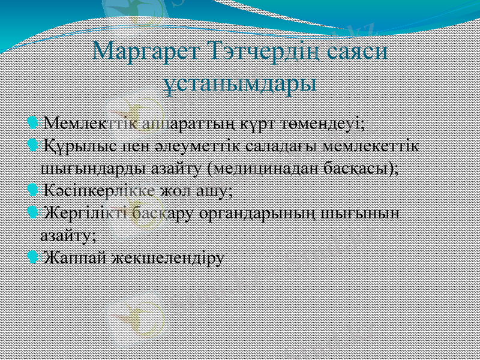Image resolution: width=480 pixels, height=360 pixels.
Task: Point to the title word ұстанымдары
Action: (x=240, y=82)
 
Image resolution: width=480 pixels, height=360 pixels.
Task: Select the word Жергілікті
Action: (x=88, y=213)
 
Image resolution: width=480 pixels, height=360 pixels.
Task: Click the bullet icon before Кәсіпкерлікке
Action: (x=33, y=190)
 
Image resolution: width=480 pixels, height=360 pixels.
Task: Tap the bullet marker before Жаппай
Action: (x=33, y=257)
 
